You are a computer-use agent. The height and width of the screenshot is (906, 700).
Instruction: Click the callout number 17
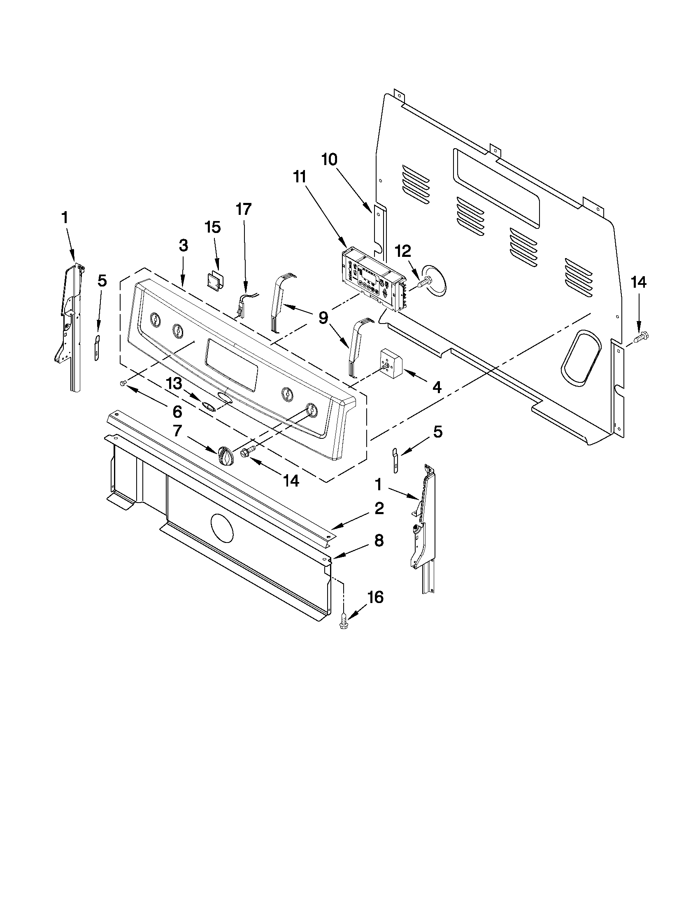pos(244,210)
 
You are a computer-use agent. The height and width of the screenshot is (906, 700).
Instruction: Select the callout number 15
pos(213,227)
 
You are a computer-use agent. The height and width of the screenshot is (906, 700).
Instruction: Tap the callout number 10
pos(330,159)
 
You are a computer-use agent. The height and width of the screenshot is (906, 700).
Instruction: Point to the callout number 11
pos(300,177)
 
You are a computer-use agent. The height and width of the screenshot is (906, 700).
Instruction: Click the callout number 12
pos(403,252)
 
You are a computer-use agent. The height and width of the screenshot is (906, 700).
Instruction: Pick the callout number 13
pos(174,384)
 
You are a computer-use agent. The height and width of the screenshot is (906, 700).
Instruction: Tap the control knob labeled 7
pos(225,456)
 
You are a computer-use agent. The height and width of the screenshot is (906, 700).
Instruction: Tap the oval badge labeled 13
pos(208,405)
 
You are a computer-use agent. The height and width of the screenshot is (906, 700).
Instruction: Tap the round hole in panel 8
pos(222,528)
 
